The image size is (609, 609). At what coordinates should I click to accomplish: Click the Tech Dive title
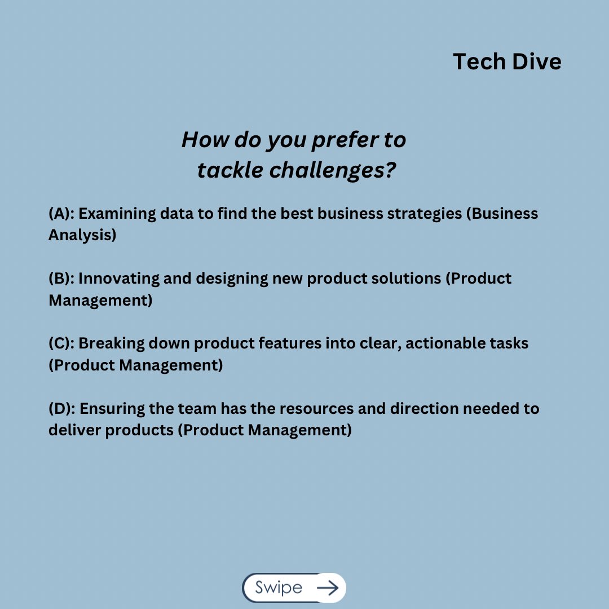tap(507, 61)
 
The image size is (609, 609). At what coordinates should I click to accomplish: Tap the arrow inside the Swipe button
tap(328, 588)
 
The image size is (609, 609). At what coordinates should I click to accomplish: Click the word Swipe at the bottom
tap(278, 588)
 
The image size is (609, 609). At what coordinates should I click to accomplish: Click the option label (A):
tap(62, 214)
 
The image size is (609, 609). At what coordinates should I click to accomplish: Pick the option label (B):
tap(62, 279)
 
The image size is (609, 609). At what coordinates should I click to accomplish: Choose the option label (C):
tap(62, 343)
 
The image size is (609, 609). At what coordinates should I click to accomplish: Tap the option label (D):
tap(62, 408)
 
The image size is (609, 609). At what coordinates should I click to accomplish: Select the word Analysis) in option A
tap(82, 235)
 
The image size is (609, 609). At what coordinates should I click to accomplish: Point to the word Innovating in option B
tap(118, 279)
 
